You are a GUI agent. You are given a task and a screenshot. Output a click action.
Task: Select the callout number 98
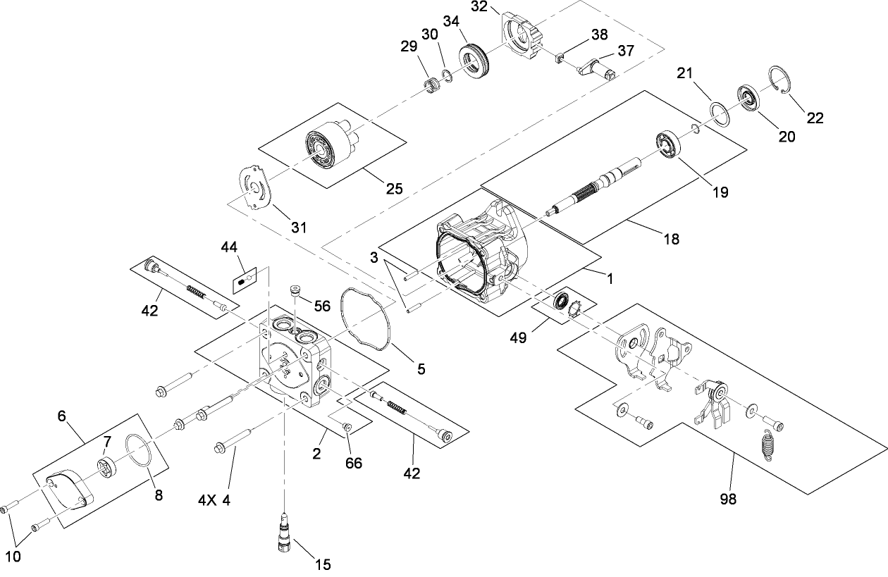click(x=728, y=499)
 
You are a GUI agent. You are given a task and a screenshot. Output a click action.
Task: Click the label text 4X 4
click(x=214, y=501)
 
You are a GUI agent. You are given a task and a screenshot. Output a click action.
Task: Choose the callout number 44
click(x=229, y=247)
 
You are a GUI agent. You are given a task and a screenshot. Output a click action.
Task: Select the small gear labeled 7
click(x=108, y=466)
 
